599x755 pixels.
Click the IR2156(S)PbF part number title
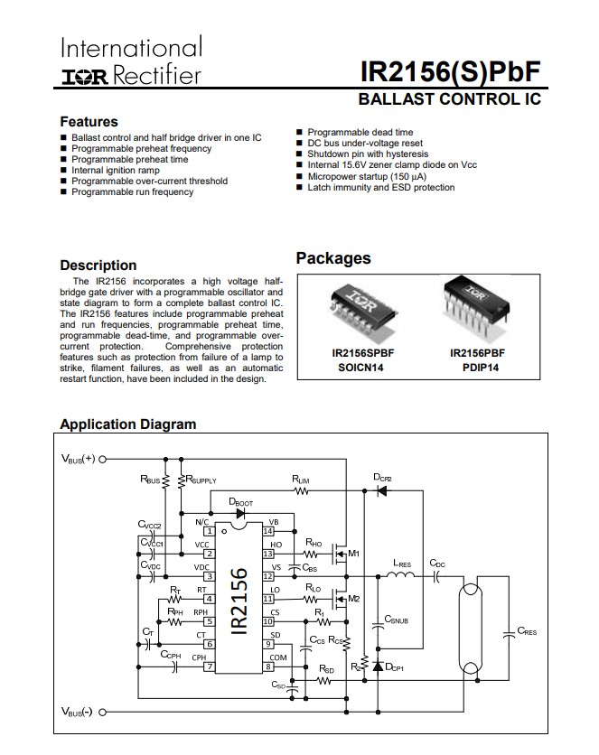point(449,71)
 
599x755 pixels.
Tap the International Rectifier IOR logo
point(83,76)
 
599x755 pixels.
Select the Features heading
point(89,121)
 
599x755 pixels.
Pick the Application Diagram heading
point(127,424)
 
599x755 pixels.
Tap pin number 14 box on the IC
point(267,532)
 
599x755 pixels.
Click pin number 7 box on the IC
point(209,667)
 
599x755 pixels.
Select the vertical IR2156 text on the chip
point(239,601)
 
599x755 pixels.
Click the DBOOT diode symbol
point(239,513)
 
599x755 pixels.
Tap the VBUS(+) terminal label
point(78,459)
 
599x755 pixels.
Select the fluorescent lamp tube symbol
point(469,629)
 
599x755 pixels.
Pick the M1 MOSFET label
point(353,553)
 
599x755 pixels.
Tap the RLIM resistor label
point(301,480)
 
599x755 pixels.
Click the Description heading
point(98,265)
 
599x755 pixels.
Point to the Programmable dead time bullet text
point(360,132)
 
